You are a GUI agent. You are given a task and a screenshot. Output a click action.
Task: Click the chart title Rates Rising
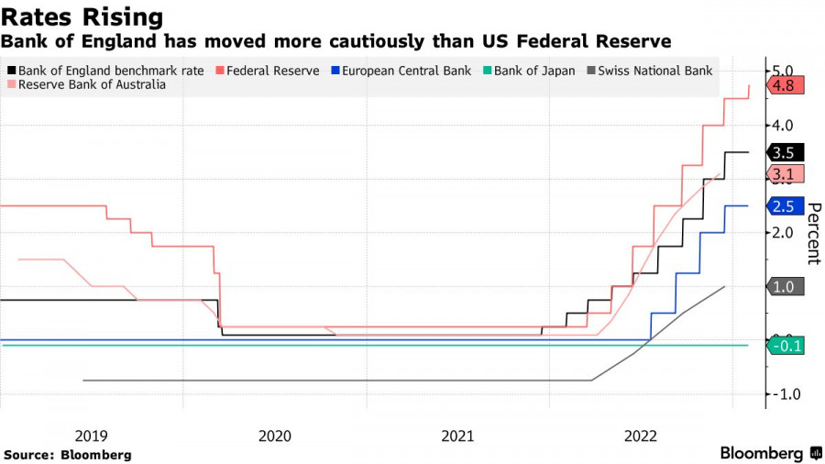coord(82,17)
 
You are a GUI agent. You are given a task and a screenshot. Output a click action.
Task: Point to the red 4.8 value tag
coord(785,86)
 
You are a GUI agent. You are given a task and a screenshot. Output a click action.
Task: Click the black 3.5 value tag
coord(785,153)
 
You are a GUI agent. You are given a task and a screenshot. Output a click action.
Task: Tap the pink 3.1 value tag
coord(785,174)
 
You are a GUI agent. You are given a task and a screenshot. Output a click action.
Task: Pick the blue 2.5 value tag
coord(785,207)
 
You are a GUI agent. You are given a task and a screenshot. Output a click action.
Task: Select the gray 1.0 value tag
coord(785,287)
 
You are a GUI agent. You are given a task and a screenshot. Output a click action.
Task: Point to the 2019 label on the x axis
coord(91,436)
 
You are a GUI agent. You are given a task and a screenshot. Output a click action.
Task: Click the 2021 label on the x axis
coord(456,436)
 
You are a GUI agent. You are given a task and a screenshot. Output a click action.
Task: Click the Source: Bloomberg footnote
coord(67,455)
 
